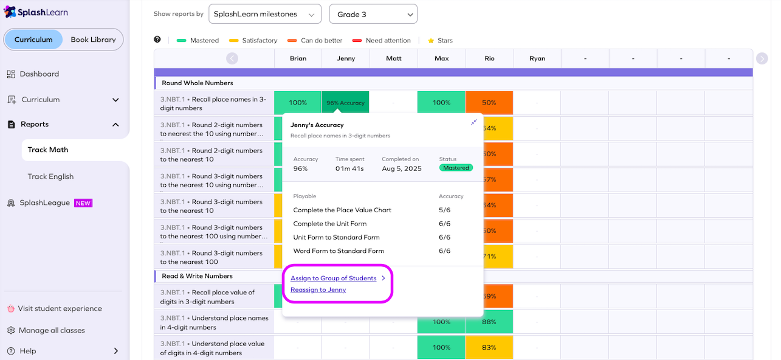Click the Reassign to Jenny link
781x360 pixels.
[x=318, y=290]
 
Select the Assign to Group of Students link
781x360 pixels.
[x=333, y=279]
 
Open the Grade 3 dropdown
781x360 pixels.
[x=373, y=14]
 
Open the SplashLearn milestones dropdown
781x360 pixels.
[x=264, y=14]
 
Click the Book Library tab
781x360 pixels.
[x=93, y=40]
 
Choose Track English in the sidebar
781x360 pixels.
[x=50, y=176]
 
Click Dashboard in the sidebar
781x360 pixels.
[x=39, y=74]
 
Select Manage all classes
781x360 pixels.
[x=52, y=330]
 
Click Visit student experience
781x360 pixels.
[x=60, y=308]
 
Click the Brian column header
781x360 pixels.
[x=298, y=58]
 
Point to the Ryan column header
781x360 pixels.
[x=537, y=58]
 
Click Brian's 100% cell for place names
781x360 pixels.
[x=298, y=103]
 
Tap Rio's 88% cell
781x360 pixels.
[x=489, y=322]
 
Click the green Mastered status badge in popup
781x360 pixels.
[x=456, y=168]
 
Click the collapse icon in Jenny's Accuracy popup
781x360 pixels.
[x=474, y=123]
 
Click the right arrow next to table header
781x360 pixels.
[x=762, y=58]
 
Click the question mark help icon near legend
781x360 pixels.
[x=157, y=40]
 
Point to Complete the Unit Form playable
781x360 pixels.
[x=330, y=224]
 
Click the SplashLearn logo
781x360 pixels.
[x=36, y=12]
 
